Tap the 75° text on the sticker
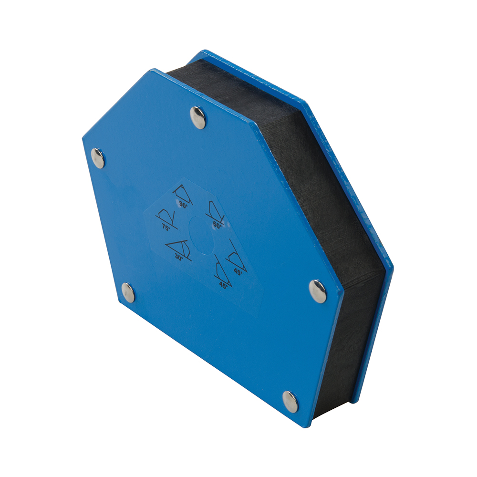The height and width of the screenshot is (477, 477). click(x=166, y=228)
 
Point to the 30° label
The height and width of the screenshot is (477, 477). click(x=179, y=258)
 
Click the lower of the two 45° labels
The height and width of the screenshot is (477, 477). click(x=224, y=285)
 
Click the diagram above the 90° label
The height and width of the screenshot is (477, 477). click(x=183, y=194)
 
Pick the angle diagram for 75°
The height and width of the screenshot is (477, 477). click(x=166, y=218)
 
